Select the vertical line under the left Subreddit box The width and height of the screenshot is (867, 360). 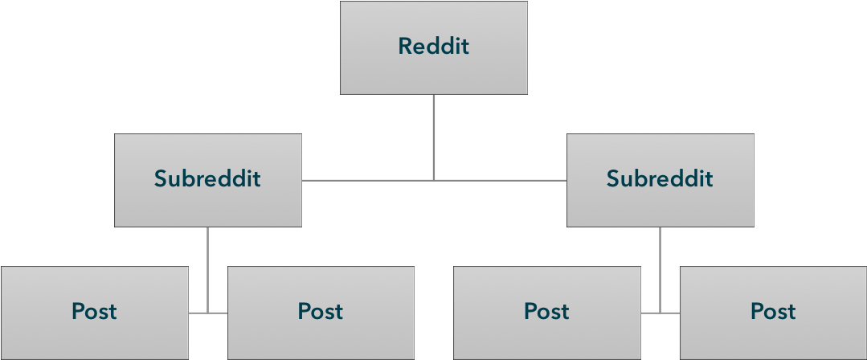pos(207,265)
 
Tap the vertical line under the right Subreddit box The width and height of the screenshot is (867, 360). pos(660,265)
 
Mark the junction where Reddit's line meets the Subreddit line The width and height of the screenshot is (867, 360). pos(434,180)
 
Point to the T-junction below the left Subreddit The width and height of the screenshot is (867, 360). pos(207,312)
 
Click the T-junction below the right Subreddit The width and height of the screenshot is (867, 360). pos(660,312)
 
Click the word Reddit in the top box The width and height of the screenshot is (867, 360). pos(434,47)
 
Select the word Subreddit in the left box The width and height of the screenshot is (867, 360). pos(207,178)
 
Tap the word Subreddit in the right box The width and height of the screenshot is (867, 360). pos(660,178)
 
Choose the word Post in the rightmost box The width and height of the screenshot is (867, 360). pos(773,311)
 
